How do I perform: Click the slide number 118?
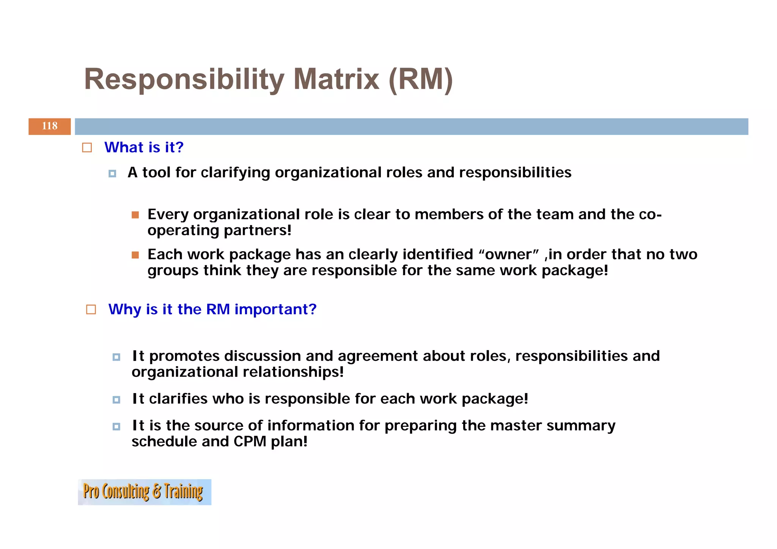click(50, 126)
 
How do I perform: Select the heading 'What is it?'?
click(144, 147)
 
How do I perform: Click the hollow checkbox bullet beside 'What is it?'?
click(87, 148)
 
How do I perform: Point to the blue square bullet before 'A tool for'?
click(112, 174)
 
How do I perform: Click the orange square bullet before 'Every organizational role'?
click(135, 215)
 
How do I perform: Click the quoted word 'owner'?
click(509, 255)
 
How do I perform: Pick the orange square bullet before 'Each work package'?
click(135, 255)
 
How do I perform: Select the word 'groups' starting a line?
click(173, 271)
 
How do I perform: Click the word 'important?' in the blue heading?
click(275, 309)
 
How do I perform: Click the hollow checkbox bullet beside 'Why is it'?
click(91, 310)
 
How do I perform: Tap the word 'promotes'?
click(184, 356)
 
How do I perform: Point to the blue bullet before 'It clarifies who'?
click(116, 400)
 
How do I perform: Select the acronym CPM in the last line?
click(250, 442)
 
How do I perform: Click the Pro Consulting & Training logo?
click(144, 492)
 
